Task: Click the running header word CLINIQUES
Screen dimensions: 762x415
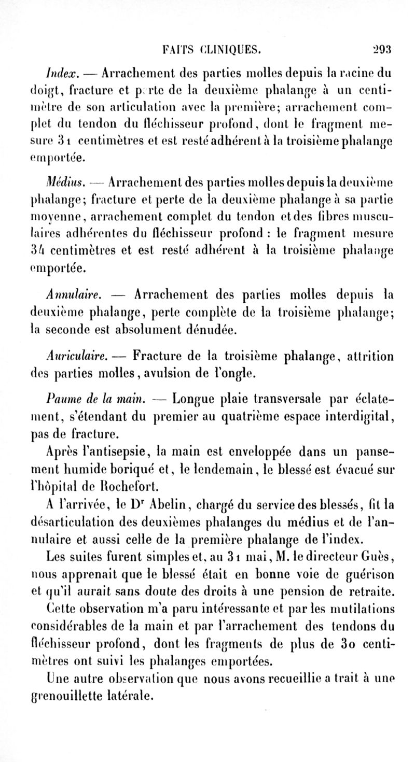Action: click(x=232, y=50)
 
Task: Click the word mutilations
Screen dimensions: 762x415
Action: click(x=362, y=604)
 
